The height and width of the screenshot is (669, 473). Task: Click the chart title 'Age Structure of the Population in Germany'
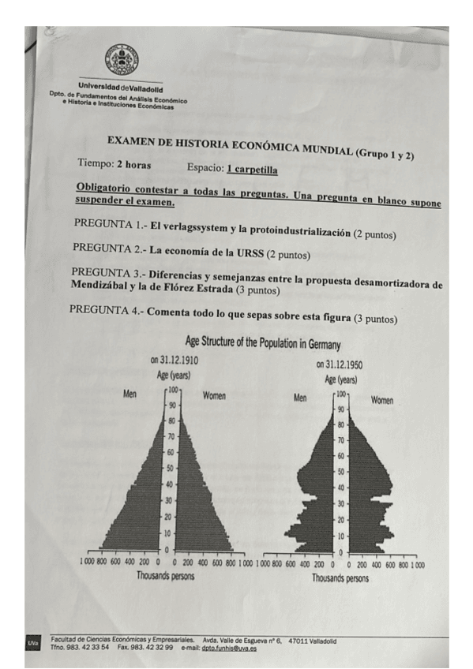(262, 343)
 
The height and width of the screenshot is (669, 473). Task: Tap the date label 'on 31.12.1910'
(174, 360)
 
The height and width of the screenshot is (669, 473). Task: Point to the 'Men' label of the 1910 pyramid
(132, 394)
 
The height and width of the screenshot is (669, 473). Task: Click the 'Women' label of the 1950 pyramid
(382, 400)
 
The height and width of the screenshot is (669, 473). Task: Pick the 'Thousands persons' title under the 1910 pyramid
(166, 575)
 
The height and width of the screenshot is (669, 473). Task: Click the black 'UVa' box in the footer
(33, 644)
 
